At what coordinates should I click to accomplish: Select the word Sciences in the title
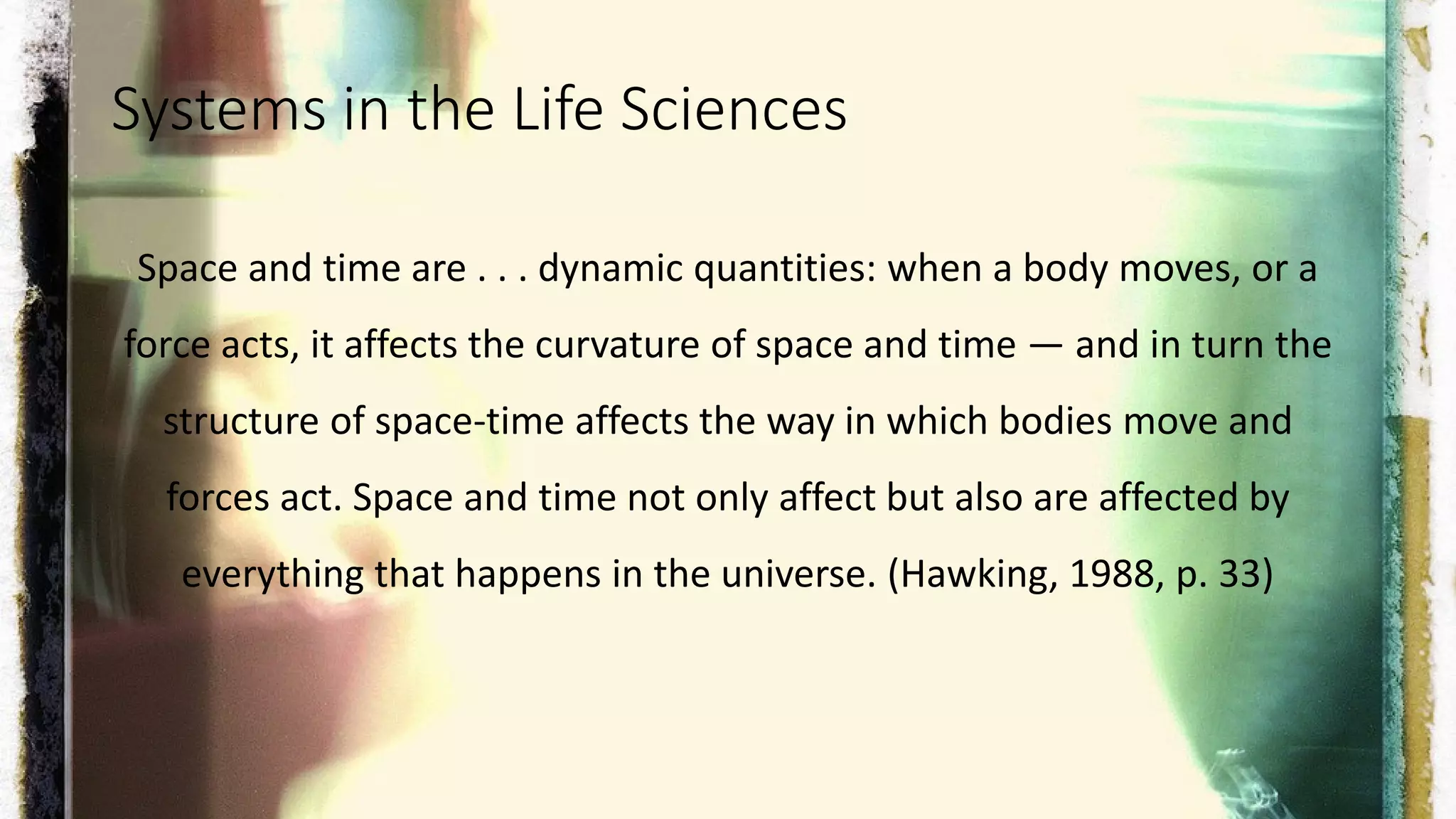pyautogui.click(x=733, y=110)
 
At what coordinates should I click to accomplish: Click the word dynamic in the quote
pyautogui.click(x=610, y=269)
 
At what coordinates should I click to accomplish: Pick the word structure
pyautogui.click(x=240, y=422)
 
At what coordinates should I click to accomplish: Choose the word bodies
pyautogui.click(x=1055, y=422)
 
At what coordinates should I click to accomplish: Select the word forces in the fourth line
pyautogui.click(x=218, y=498)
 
